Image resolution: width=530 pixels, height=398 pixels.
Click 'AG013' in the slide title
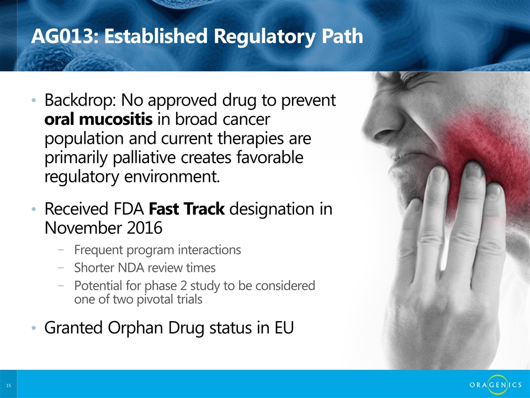coord(61,36)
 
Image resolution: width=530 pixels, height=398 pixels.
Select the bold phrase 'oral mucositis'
coord(98,119)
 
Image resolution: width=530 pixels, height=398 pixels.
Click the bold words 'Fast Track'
coord(187,208)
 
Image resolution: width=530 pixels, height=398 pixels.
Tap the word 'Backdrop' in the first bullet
coord(80,101)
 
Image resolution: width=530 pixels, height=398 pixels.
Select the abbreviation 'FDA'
coord(129,209)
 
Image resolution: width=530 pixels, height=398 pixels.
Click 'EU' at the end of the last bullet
coord(284,328)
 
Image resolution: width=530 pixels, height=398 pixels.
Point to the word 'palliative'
coord(144,158)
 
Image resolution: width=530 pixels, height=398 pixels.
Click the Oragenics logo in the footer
coord(496,385)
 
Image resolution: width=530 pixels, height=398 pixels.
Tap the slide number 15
coord(9,385)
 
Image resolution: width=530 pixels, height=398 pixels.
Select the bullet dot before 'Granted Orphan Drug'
coord(34,328)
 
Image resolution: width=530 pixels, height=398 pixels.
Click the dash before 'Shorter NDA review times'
coord(61,268)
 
